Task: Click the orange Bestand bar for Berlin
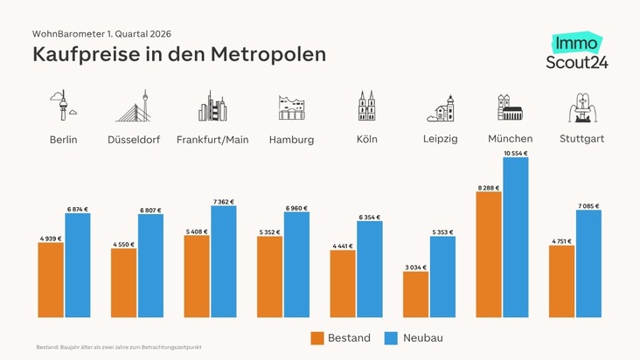pos(51,280)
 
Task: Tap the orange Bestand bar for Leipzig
pos(415,294)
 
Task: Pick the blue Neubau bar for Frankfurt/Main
pos(224,261)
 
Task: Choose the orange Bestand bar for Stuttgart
pos(561,281)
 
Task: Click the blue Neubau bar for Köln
pos(370,269)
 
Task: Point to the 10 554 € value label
pos(516,154)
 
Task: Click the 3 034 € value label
pos(415,267)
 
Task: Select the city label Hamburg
pos(291,140)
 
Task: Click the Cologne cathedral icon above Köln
pos(366,106)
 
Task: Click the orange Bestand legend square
pos(317,338)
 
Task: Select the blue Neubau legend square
pos(391,338)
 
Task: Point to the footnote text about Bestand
pos(120,348)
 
